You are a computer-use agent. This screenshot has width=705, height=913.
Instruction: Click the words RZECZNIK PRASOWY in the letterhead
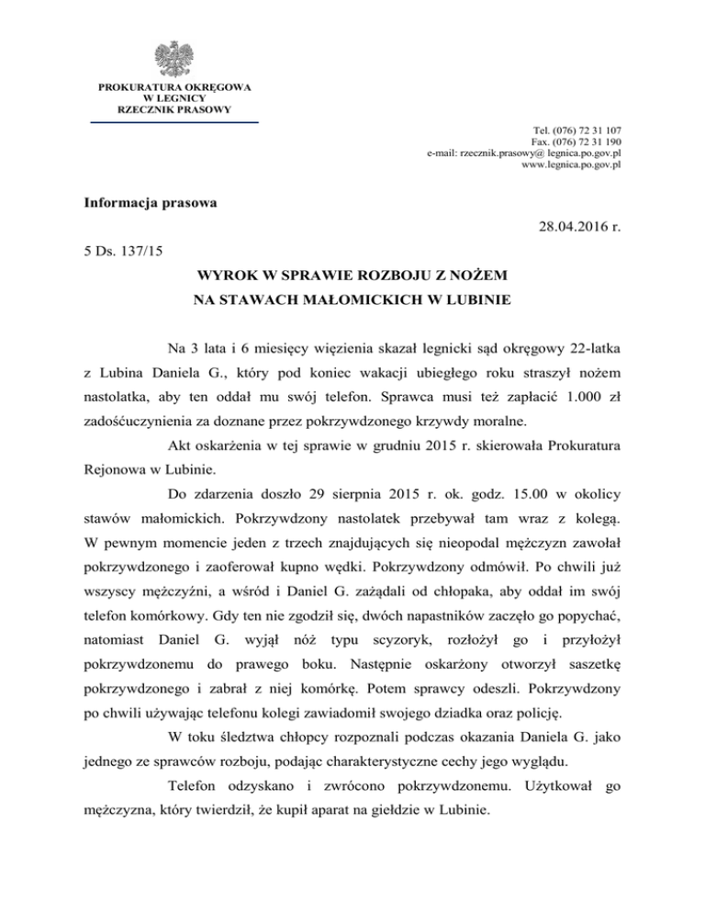(x=173, y=108)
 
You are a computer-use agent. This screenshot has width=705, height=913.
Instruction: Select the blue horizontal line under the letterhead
(x=173, y=121)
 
